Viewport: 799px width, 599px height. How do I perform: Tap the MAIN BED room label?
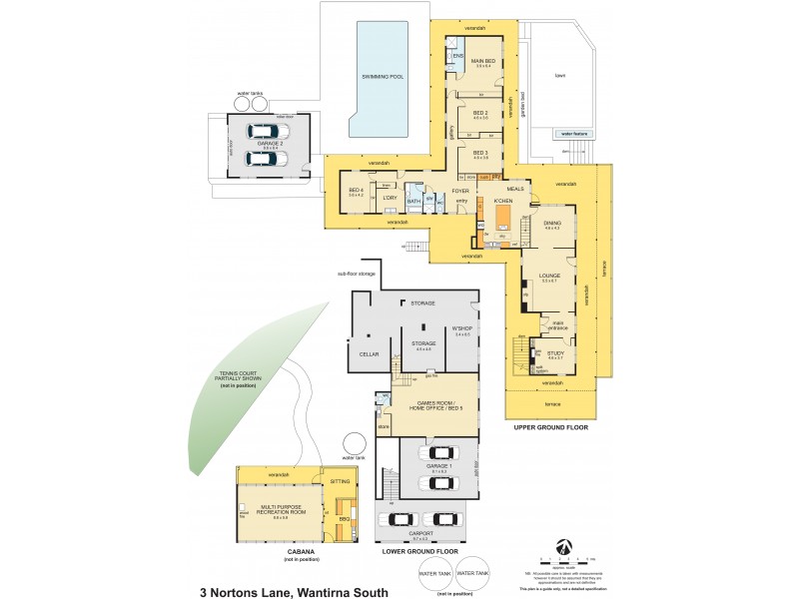coord(482,63)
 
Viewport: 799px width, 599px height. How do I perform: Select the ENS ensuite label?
coord(457,56)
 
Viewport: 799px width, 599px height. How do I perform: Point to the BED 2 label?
coord(480,114)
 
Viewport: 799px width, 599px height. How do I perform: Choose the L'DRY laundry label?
coord(390,198)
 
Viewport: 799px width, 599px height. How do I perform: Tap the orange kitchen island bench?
coord(502,218)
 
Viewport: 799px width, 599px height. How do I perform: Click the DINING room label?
coord(551,224)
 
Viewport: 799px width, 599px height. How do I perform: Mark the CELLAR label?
coord(369,354)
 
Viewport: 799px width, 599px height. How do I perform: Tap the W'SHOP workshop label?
coord(461,330)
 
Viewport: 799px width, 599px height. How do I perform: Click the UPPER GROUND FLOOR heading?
coord(551,427)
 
